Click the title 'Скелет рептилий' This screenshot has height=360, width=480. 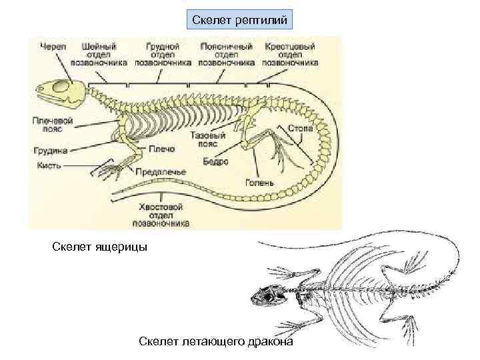click(240, 21)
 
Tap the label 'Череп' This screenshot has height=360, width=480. click(53, 47)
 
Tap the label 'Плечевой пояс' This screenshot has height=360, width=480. click(51, 126)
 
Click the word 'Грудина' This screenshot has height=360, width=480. click(48, 150)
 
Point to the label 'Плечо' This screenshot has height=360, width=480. click(161, 149)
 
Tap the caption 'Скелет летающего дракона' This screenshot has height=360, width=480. click(215, 341)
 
